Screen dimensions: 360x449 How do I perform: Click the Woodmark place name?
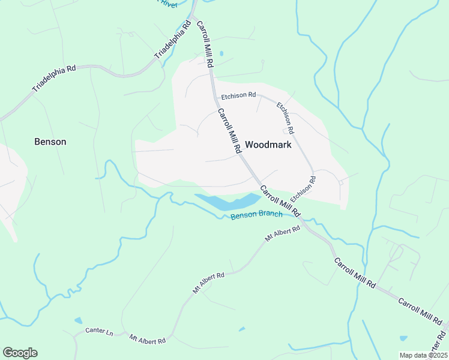click(268, 145)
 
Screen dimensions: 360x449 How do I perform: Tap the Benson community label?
click(50, 142)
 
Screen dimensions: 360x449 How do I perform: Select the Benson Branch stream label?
click(256, 214)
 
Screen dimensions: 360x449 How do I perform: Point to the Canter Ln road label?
click(99, 331)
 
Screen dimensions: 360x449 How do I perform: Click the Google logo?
click(20, 353)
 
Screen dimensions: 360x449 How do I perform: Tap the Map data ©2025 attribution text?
click(423, 355)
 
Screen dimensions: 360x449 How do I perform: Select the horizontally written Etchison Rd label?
click(238, 95)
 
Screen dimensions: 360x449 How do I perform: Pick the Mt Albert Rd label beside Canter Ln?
click(147, 340)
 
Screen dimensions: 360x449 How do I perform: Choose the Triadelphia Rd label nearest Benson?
click(53, 79)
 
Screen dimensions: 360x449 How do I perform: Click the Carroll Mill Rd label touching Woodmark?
click(229, 131)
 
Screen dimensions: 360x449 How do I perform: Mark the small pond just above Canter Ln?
click(78, 320)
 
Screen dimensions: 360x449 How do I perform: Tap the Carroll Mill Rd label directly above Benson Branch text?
click(280, 201)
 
